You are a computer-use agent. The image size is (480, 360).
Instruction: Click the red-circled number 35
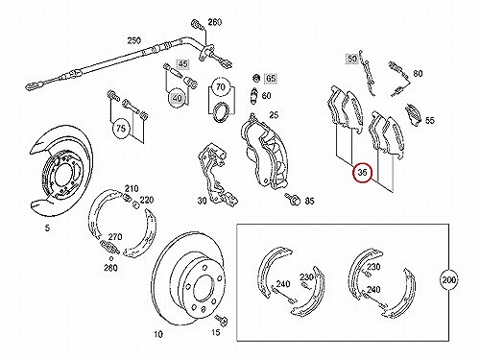(362, 173)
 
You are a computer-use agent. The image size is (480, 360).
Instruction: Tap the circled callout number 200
(448, 280)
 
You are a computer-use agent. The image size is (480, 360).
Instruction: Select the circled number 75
(121, 129)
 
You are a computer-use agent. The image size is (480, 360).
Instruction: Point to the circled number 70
(221, 86)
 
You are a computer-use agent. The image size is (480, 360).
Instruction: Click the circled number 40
(177, 98)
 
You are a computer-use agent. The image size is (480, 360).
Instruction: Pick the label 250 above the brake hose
(134, 41)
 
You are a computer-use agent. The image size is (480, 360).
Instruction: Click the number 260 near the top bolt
(215, 22)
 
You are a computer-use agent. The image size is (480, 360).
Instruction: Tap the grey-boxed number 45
(182, 64)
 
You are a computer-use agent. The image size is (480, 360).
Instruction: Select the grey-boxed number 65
(271, 79)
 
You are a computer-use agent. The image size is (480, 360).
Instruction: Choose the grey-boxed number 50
(352, 59)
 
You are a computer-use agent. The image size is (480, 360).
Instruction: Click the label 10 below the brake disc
(158, 335)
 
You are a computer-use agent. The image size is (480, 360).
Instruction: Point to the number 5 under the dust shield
(47, 228)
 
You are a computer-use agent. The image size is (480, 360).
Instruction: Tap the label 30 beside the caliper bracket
(202, 201)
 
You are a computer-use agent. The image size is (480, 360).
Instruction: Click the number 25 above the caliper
(274, 115)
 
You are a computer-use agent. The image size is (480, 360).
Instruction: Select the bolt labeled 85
(293, 199)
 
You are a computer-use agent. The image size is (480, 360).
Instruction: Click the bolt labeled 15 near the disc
(221, 320)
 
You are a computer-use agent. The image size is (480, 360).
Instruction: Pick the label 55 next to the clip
(430, 120)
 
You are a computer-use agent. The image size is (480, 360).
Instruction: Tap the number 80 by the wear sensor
(418, 74)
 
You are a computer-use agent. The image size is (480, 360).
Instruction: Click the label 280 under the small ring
(110, 267)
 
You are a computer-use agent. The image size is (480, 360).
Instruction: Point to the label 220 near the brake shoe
(147, 200)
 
